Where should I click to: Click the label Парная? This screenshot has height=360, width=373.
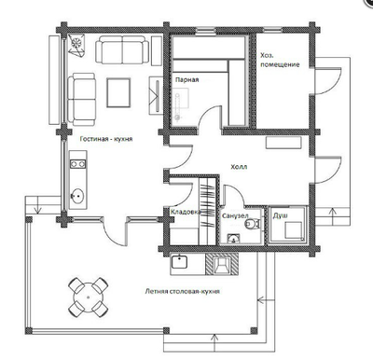click(186, 80)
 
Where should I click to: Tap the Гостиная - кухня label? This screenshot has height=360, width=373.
click(106, 139)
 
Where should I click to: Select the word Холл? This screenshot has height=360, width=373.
click(239, 167)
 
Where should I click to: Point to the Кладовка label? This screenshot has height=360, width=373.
click(185, 212)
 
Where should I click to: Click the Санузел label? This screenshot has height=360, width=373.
click(235, 215)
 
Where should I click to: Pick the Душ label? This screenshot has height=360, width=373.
click(280, 215)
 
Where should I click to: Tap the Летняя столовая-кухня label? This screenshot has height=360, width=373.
click(183, 292)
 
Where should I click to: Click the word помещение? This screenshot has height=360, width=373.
click(280, 64)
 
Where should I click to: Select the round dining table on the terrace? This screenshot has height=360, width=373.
click(89, 298)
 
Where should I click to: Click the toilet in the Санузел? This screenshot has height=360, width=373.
click(252, 224)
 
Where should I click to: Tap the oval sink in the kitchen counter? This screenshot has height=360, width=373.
click(77, 196)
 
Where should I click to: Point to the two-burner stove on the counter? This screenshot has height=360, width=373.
click(77, 163)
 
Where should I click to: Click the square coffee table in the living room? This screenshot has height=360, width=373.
click(118, 92)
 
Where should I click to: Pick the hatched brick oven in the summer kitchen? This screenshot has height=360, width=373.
click(222, 264)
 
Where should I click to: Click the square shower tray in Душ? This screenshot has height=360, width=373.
click(294, 230)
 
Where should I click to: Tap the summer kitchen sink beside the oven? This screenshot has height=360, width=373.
click(179, 262)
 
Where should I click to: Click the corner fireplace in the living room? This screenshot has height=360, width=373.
click(76, 45)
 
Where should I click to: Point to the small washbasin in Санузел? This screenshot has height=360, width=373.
click(233, 239)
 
